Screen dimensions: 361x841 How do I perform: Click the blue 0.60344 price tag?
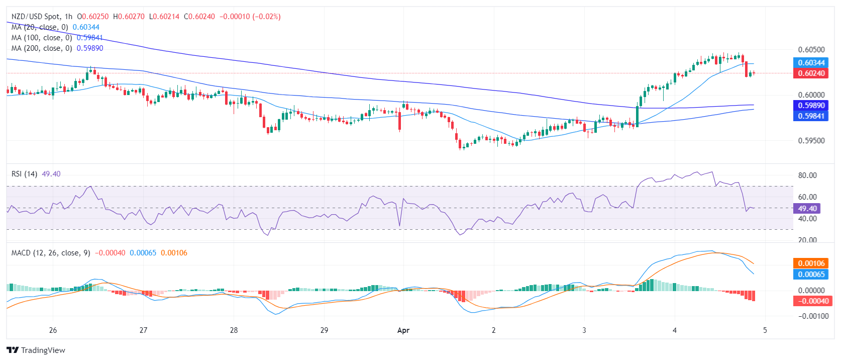811,63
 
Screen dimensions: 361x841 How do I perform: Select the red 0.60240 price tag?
811,73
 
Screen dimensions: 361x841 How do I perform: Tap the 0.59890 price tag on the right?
811,106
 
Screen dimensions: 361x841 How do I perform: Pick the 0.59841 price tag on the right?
811,116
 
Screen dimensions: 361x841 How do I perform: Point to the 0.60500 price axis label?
811,50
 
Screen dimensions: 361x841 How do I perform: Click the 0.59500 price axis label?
811,141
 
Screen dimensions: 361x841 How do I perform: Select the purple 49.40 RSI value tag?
807,208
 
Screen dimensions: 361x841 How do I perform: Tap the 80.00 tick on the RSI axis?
807,175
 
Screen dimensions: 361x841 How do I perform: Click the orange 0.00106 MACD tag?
811,263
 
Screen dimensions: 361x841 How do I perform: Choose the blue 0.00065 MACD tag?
811,275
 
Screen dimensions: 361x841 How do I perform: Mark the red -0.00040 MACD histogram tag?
811,301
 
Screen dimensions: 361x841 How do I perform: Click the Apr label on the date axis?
403,330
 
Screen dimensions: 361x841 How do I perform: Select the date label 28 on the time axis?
234,330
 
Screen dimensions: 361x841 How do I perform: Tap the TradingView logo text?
43,350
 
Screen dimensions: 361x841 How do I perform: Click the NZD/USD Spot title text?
35,17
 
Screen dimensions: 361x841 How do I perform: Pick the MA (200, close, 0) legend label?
42,48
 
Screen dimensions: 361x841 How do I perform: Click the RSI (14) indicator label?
24,174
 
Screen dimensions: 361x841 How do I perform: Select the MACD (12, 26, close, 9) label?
51,253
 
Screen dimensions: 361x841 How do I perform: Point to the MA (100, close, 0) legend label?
42,38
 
